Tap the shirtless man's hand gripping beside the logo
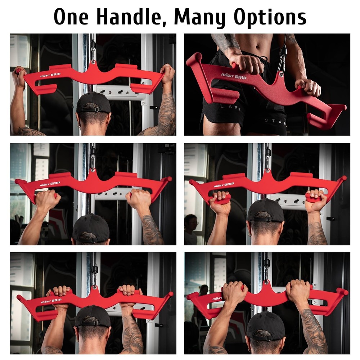(x=247, y=64)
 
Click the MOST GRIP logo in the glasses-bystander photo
(x=224, y=185)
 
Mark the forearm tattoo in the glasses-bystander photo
(x=317, y=234)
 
